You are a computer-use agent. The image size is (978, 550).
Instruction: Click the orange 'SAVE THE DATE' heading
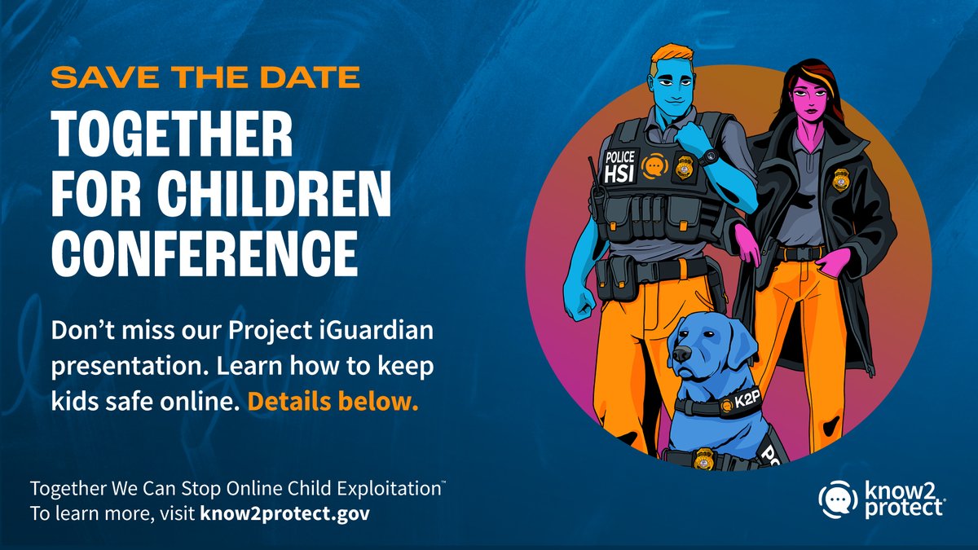coord(205,78)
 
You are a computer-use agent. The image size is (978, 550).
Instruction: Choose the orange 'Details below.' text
coord(333,401)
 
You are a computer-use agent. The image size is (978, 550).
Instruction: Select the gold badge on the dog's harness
coord(703,459)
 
